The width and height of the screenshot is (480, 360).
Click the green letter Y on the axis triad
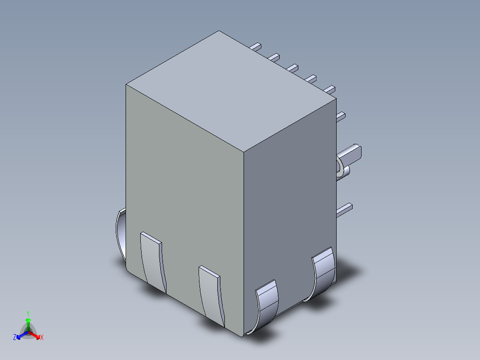click(x=28, y=313)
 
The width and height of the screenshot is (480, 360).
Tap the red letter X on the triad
click(x=41, y=338)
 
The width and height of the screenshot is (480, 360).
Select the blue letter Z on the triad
click(x=15, y=338)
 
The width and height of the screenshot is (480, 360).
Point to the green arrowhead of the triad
click(x=28, y=320)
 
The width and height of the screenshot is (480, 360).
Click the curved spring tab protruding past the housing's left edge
click(x=120, y=234)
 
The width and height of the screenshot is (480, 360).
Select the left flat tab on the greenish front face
click(x=153, y=263)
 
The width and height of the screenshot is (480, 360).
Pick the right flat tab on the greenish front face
click(x=211, y=294)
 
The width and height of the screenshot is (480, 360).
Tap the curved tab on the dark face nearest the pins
click(x=324, y=272)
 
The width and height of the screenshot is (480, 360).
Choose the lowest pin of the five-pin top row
click(x=329, y=89)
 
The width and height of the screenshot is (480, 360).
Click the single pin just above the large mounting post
click(x=341, y=116)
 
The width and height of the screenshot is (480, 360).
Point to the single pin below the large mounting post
click(x=344, y=209)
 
